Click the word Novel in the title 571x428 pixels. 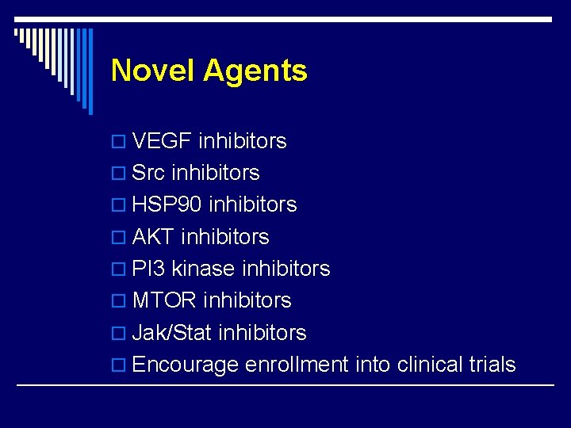[153, 71]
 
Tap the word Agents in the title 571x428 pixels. [255, 71]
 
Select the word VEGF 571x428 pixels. [162, 141]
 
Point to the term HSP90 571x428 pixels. [167, 204]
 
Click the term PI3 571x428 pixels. [148, 269]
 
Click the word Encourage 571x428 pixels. [186, 365]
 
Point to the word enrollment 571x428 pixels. [297, 365]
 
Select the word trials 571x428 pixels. [492, 365]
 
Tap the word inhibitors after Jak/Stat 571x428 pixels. [262, 333]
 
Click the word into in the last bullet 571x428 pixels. [372, 365]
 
